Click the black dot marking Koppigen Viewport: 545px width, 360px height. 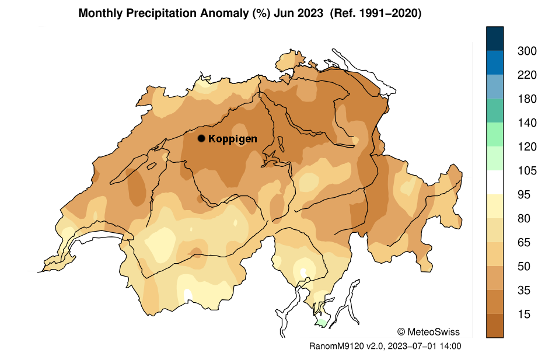click(201, 138)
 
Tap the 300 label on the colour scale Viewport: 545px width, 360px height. click(527, 51)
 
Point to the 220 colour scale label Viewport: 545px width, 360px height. click(527, 75)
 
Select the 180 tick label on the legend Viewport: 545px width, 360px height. click(527, 99)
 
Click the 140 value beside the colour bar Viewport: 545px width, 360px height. click(527, 123)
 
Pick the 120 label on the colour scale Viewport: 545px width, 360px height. click(527, 147)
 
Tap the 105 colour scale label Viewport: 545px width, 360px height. click(527, 171)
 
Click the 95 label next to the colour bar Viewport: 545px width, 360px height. click(524, 195)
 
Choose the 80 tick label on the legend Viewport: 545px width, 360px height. click(524, 219)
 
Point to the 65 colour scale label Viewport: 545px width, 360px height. click(524, 243)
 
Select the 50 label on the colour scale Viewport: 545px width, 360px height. click(524, 267)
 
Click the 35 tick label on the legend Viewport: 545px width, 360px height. click(524, 291)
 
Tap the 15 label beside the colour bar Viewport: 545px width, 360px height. click(524, 314)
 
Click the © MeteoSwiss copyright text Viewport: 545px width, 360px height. click(428, 332)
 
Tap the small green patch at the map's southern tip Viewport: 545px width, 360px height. click(320, 322)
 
